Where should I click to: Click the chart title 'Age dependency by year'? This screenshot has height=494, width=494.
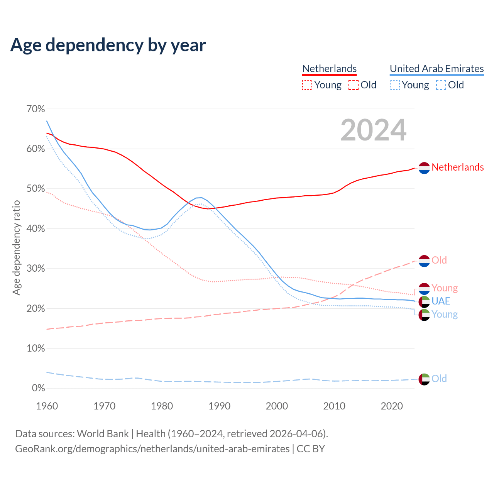pos(108,45)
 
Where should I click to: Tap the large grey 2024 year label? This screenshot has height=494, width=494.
pos(373,130)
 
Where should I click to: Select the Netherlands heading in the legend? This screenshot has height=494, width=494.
pos(329,69)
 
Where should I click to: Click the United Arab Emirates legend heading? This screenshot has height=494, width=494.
pos(436,69)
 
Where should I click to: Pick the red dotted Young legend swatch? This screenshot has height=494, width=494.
pos(307,85)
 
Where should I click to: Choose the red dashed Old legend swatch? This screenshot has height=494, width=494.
pos(354,85)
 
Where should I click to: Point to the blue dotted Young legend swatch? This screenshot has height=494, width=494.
pos(395,85)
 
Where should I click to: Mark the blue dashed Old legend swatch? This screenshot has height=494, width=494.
pos(441,85)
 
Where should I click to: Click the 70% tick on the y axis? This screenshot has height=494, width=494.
pos(36,109)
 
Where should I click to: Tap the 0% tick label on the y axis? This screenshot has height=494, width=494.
pos(38,388)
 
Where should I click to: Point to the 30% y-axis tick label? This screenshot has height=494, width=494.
pos(36,269)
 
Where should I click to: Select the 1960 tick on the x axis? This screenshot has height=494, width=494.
pos(47,406)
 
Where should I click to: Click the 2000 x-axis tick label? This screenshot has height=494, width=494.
pos(277,406)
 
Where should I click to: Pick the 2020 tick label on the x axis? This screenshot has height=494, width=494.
pos(392,406)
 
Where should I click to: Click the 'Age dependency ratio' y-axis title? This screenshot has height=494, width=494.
pos(16,247)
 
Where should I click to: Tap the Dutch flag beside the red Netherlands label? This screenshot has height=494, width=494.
pos(424,168)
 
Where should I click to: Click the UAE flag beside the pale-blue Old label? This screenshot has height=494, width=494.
pos(424,379)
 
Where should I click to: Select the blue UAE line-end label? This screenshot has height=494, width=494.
pos(441,301)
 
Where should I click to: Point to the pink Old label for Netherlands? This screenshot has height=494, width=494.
pos(439,260)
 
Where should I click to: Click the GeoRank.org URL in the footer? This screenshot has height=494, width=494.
pos(152,449)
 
